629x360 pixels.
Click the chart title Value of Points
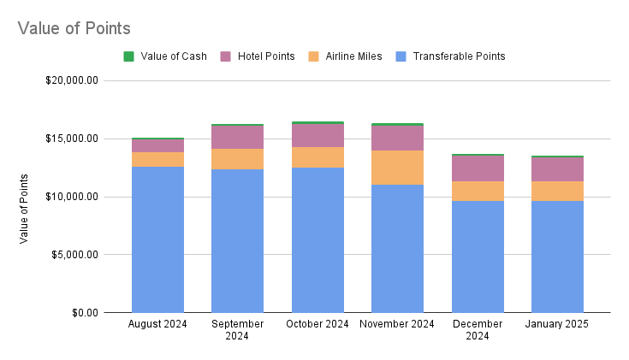[74, 28]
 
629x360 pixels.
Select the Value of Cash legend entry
[170, 56]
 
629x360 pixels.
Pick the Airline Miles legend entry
[353, 56]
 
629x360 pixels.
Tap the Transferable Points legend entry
[458, 56]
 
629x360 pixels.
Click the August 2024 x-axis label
[157, 324]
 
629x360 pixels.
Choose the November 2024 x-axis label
[398, 324]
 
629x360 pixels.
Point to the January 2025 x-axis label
[558, 324]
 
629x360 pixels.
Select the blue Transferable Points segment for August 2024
[157, 239]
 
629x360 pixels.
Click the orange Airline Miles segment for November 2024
[398, 168]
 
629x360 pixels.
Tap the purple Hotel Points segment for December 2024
[478, 168]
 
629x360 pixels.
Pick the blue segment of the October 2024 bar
[317, 239]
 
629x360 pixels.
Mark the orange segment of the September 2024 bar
[238, 159]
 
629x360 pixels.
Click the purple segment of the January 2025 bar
[558, 169]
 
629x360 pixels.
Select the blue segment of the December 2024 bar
[478, 257]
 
